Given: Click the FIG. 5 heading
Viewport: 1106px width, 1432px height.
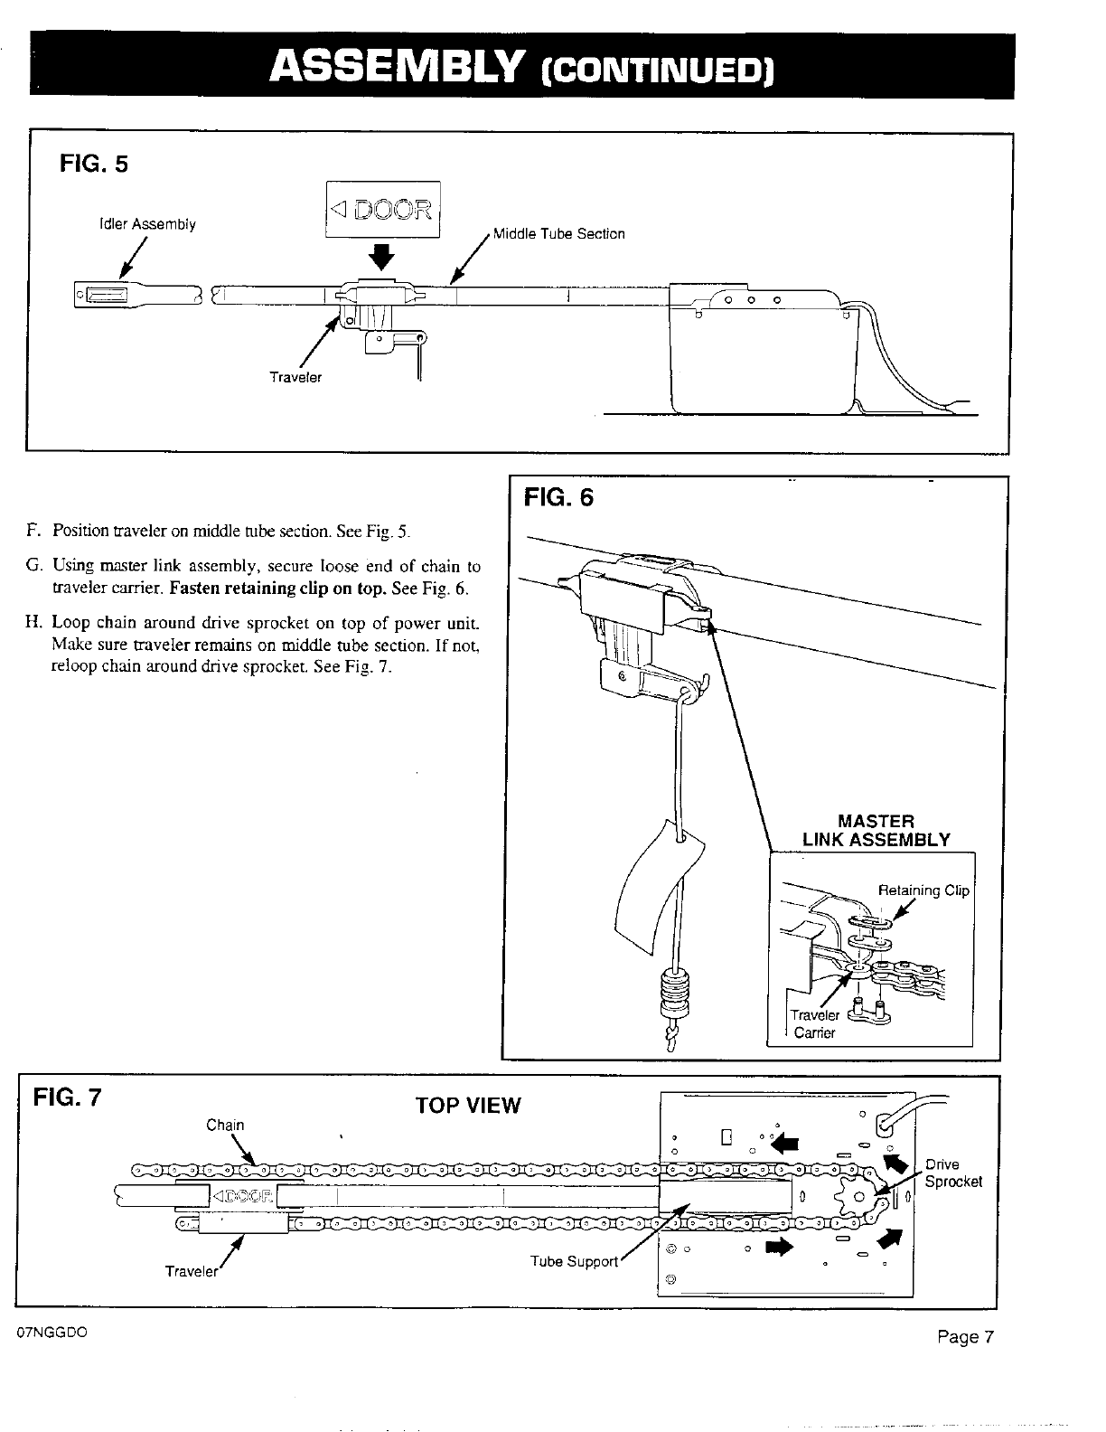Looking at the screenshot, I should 94,164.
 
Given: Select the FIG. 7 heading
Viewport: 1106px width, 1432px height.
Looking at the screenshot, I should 68,1098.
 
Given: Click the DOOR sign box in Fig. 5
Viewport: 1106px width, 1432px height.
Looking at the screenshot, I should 382,210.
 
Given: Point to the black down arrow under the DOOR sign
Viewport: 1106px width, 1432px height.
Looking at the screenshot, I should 383,257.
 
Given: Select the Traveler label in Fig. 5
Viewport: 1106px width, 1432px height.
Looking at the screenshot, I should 295,377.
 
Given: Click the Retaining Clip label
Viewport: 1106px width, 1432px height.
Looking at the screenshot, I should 923,890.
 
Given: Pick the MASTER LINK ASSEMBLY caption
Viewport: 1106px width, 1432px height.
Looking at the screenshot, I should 876,830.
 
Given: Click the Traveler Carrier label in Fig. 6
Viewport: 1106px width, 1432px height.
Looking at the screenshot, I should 814,1023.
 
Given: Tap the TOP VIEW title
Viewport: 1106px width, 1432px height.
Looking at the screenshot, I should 467,1106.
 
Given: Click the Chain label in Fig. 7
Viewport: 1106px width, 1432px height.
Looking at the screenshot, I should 225,1125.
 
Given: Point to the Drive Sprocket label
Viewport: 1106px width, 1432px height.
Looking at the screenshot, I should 952,1173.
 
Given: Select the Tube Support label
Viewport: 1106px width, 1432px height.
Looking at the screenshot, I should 574,1261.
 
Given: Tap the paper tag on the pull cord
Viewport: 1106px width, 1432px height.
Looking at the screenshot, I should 660,886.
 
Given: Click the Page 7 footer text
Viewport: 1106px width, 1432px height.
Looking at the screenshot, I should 965,1338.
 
